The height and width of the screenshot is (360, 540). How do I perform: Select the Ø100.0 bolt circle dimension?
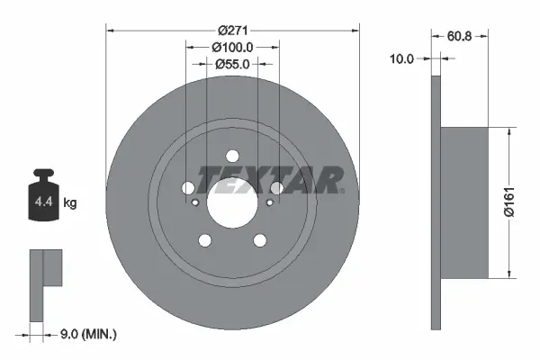click(233, 46)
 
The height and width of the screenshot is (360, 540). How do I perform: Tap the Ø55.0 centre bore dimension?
click(233, 64)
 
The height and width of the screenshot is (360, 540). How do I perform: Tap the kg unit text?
click(69, 203)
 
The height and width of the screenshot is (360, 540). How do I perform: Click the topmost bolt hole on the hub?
click(232, 154)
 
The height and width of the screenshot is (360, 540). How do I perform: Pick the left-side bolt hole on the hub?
click(188, 188)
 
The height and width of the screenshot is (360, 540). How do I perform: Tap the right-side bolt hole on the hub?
click(276, 188)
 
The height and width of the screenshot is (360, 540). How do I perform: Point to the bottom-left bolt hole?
click(205, 239)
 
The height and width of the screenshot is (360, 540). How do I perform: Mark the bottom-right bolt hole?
click(259, 239)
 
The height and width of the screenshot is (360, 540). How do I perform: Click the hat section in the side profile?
click(465, 202)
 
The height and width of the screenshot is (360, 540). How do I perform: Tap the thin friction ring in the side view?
click(437, 202)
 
